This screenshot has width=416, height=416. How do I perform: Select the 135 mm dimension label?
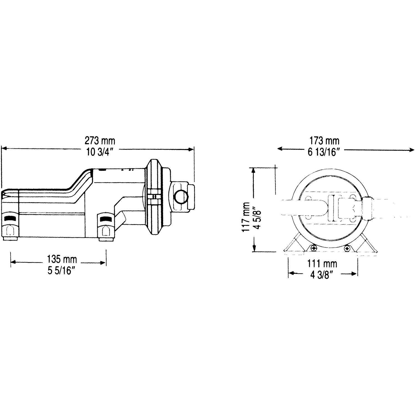[x=62, y=260]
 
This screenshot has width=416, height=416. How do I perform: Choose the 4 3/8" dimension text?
[x=322, y=275]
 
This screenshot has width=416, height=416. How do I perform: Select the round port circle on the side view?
[x=181, y=197]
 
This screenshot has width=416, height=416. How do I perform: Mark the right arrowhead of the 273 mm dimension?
[x=191, y=149]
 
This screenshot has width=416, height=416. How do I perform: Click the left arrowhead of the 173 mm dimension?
[x=280, y=149]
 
